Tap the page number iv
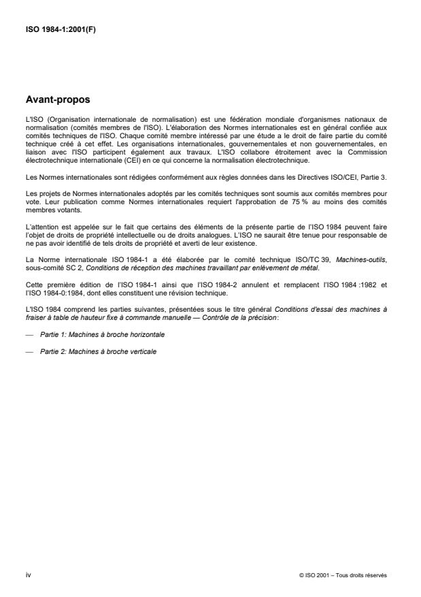point(27,575)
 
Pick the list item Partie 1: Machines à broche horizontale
point(101,335)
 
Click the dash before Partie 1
point(28,335)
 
